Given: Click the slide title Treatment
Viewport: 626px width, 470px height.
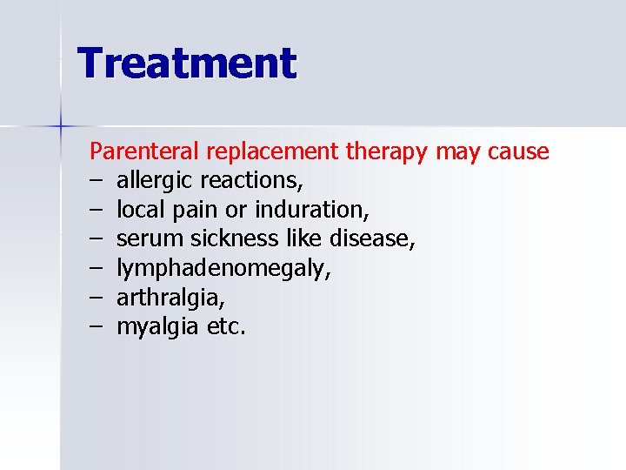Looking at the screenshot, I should click(187, 64).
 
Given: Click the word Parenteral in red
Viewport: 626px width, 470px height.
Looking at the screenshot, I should click(145, 151).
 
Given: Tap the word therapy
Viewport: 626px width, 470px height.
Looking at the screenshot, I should click(387, 152).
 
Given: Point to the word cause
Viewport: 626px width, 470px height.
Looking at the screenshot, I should click(518, 151).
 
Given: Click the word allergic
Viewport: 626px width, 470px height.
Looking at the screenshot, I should click(155, 181).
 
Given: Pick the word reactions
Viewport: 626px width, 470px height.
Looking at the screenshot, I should click(251, 181).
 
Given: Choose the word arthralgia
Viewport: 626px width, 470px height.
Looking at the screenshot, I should click(170, 299).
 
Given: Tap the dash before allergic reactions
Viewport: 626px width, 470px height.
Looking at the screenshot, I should click(96, 181).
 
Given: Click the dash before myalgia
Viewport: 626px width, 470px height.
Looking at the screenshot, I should click(96, 328).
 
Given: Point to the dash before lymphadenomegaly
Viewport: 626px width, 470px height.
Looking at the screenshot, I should click(96, 269).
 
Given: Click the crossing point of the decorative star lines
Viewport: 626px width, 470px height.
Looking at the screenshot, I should click(61, 127).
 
